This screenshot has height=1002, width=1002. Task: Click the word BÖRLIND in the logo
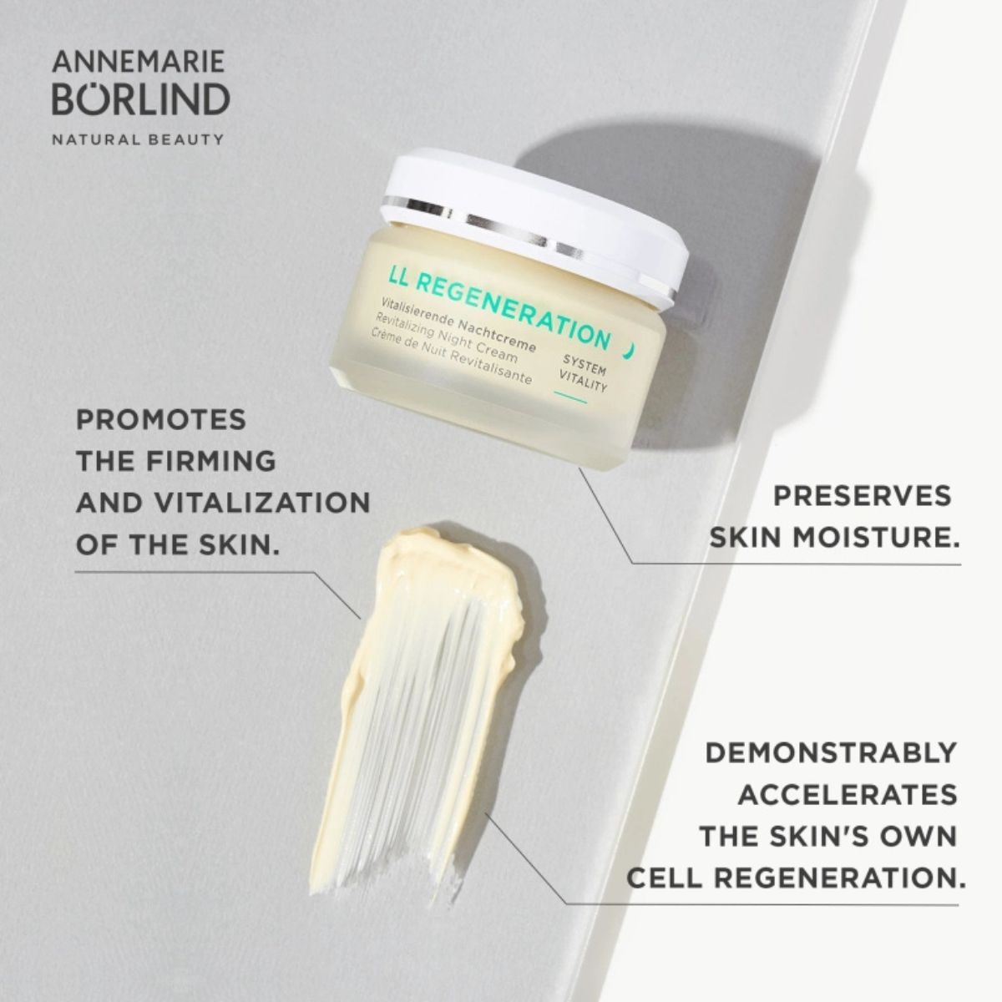pos(140,99)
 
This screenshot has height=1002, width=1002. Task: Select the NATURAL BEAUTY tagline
pos(138,139)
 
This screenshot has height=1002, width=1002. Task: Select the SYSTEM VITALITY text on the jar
pos(585,372)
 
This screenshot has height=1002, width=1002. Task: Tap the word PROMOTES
pos(161,419)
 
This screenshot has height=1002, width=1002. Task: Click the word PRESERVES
pos(862,496)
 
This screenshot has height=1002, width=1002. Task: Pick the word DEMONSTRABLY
pos(831,752)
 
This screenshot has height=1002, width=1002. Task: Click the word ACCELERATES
pos(847,794)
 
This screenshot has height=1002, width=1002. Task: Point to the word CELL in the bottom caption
pos(669,878)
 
